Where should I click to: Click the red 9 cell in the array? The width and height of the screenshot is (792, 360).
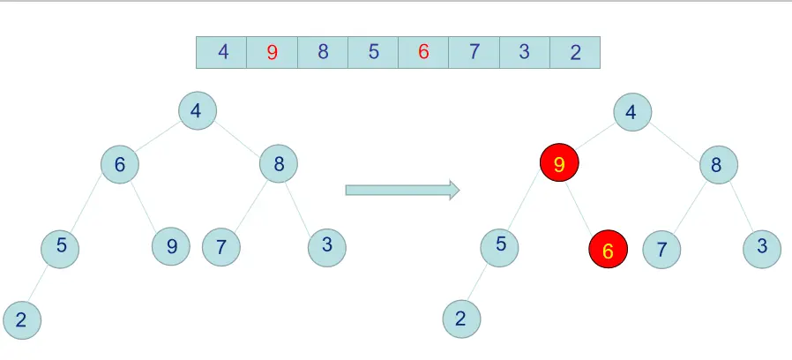(273, 52)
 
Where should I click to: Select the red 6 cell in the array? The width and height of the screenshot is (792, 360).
(423, 52)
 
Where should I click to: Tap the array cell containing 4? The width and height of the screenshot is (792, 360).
(222, 52)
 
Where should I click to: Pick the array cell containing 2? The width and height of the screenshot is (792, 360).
(575, 52)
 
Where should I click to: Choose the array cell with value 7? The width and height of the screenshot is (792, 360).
(474, 52)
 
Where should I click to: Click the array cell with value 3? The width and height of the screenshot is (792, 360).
(525, 52)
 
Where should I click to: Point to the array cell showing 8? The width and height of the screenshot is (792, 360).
(323, 52)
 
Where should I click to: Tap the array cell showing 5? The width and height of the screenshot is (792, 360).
(373, 52)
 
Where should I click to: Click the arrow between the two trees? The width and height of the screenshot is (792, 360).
(402, 190)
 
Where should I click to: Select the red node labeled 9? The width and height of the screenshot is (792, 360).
(559, 164)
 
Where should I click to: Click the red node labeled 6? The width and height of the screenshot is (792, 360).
(608, 251)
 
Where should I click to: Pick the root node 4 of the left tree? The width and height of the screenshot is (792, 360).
(197, 110)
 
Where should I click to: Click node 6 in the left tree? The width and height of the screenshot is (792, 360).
(119, 164)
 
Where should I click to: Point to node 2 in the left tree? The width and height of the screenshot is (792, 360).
(21, 320)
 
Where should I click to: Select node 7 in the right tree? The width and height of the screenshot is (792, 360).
(661, 250)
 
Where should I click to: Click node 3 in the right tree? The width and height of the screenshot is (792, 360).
(762, 248)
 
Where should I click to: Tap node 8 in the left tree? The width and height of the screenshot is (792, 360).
(279, 163)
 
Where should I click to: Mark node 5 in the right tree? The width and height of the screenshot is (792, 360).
(500, 245)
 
